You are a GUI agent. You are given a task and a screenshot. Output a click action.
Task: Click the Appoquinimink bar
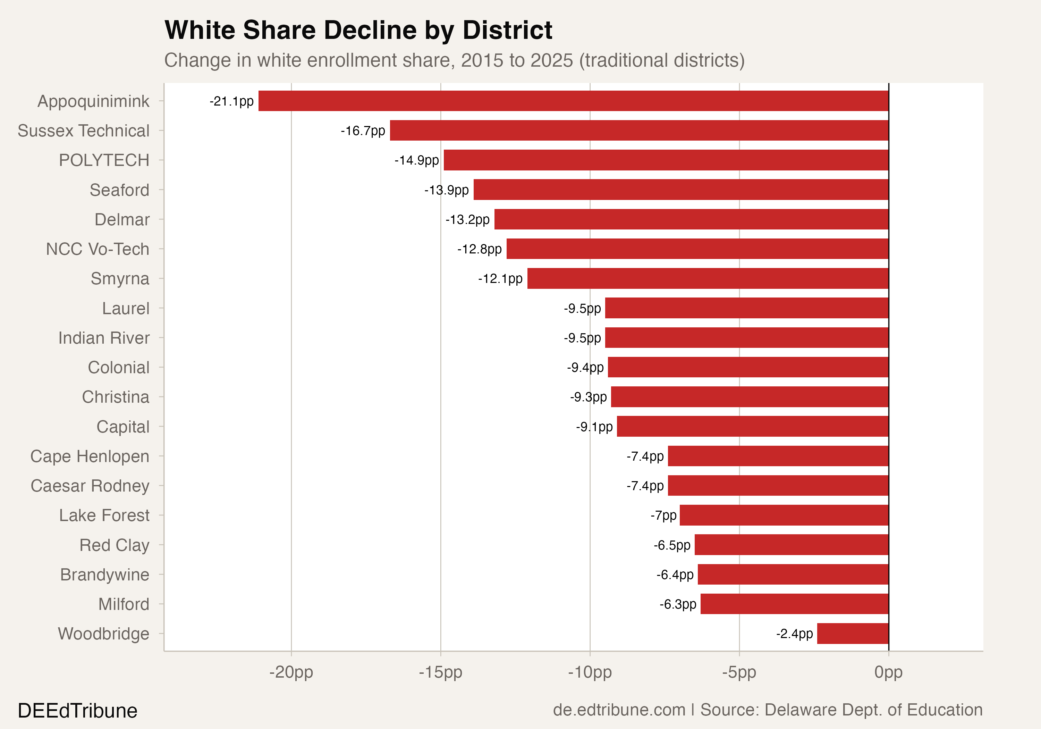pos(573,101)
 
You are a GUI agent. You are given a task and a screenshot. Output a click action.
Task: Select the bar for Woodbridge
pos(852,633)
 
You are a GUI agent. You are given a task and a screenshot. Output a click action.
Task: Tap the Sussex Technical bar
pos(639,130)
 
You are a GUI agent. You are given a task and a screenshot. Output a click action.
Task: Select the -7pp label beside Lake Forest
pos(663,516)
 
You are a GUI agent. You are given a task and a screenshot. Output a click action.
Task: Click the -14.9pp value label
pos(416,160)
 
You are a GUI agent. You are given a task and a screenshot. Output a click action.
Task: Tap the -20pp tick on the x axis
pos(291,672)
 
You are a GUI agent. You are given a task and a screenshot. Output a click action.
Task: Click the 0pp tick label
pos(888,672)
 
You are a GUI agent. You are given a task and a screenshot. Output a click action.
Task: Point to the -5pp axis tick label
pos(739,672)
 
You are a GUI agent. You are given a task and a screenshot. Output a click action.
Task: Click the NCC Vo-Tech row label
pos(98,249)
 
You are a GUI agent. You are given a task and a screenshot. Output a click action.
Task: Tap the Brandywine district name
pos(105,574)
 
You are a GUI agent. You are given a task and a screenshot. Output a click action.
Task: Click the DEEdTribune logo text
pos(77,710)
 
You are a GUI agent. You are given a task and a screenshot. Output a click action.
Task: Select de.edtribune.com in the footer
pos(619,710)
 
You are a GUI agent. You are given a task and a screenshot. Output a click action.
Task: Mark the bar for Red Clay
pos(791,544)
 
